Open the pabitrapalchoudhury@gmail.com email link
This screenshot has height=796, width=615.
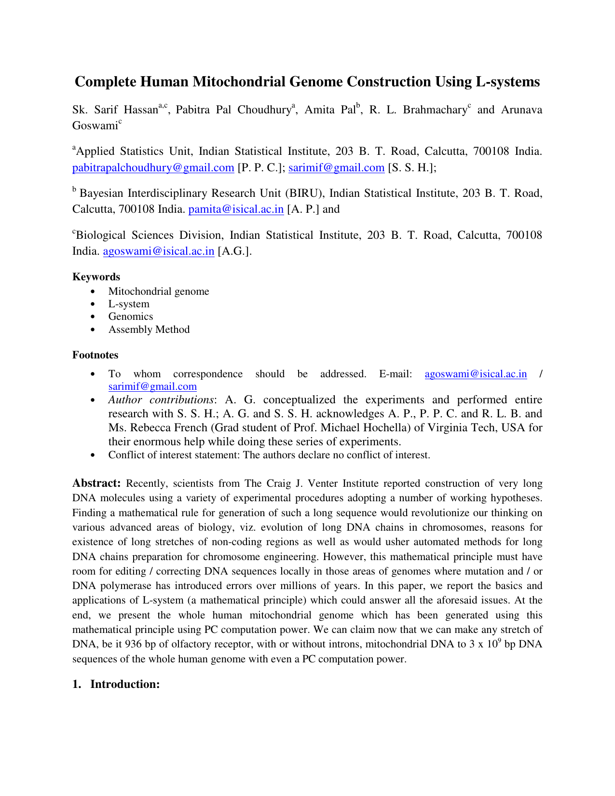(153, 167)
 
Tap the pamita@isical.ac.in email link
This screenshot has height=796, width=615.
(236, 209)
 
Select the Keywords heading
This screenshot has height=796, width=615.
(96, 276)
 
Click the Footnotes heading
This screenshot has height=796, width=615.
(95, 355)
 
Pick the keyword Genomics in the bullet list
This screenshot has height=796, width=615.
(130, 316)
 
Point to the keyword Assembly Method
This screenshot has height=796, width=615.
(149, 329)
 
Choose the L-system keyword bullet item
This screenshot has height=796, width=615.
(129, 304)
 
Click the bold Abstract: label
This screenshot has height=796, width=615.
(96, 483)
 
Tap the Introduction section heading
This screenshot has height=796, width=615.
(124, 684)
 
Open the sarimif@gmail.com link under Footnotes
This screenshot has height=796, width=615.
(152, 386)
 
